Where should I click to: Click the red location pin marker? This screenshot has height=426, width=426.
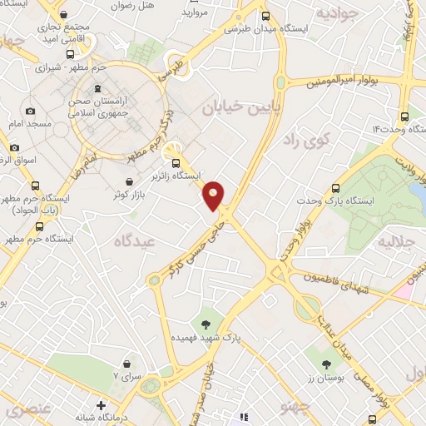(x=214, y=195)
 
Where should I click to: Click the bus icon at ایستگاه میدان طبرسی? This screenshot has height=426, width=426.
(x=265, y=15)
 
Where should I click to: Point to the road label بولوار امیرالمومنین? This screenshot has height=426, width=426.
(x=349, y=82)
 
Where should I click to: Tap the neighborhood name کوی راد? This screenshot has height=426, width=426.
(x=307, y=138)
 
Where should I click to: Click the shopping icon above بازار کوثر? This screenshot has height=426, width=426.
(x=130, y=181)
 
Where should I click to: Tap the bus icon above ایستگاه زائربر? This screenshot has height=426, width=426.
(x=175, y=162)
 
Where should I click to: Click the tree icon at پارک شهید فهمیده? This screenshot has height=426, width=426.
(x=205, y=324)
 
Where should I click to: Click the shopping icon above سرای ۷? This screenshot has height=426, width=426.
(x=126, y=364)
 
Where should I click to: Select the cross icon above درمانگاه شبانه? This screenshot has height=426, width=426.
(x=102, y=406)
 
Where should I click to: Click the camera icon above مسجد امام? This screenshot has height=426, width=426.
(x=31, y=111)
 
